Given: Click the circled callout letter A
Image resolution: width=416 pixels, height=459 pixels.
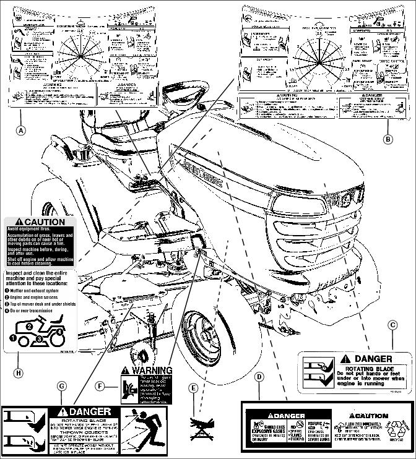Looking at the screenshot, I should click(21, 131).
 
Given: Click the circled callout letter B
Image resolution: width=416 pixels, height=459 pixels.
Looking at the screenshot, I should click(388, 139).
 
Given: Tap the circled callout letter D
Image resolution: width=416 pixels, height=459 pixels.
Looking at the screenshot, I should click(259, 376).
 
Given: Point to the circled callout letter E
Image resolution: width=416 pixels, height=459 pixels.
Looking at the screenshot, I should click(194, 388).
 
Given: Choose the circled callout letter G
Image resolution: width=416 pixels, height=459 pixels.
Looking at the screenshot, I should click(61, 385).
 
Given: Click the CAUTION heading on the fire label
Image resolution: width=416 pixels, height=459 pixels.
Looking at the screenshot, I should click(40, 221).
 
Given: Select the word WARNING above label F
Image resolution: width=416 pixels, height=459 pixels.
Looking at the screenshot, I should click(152, 371).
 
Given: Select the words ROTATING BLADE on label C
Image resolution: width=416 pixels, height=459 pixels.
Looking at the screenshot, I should click(352, 369).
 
